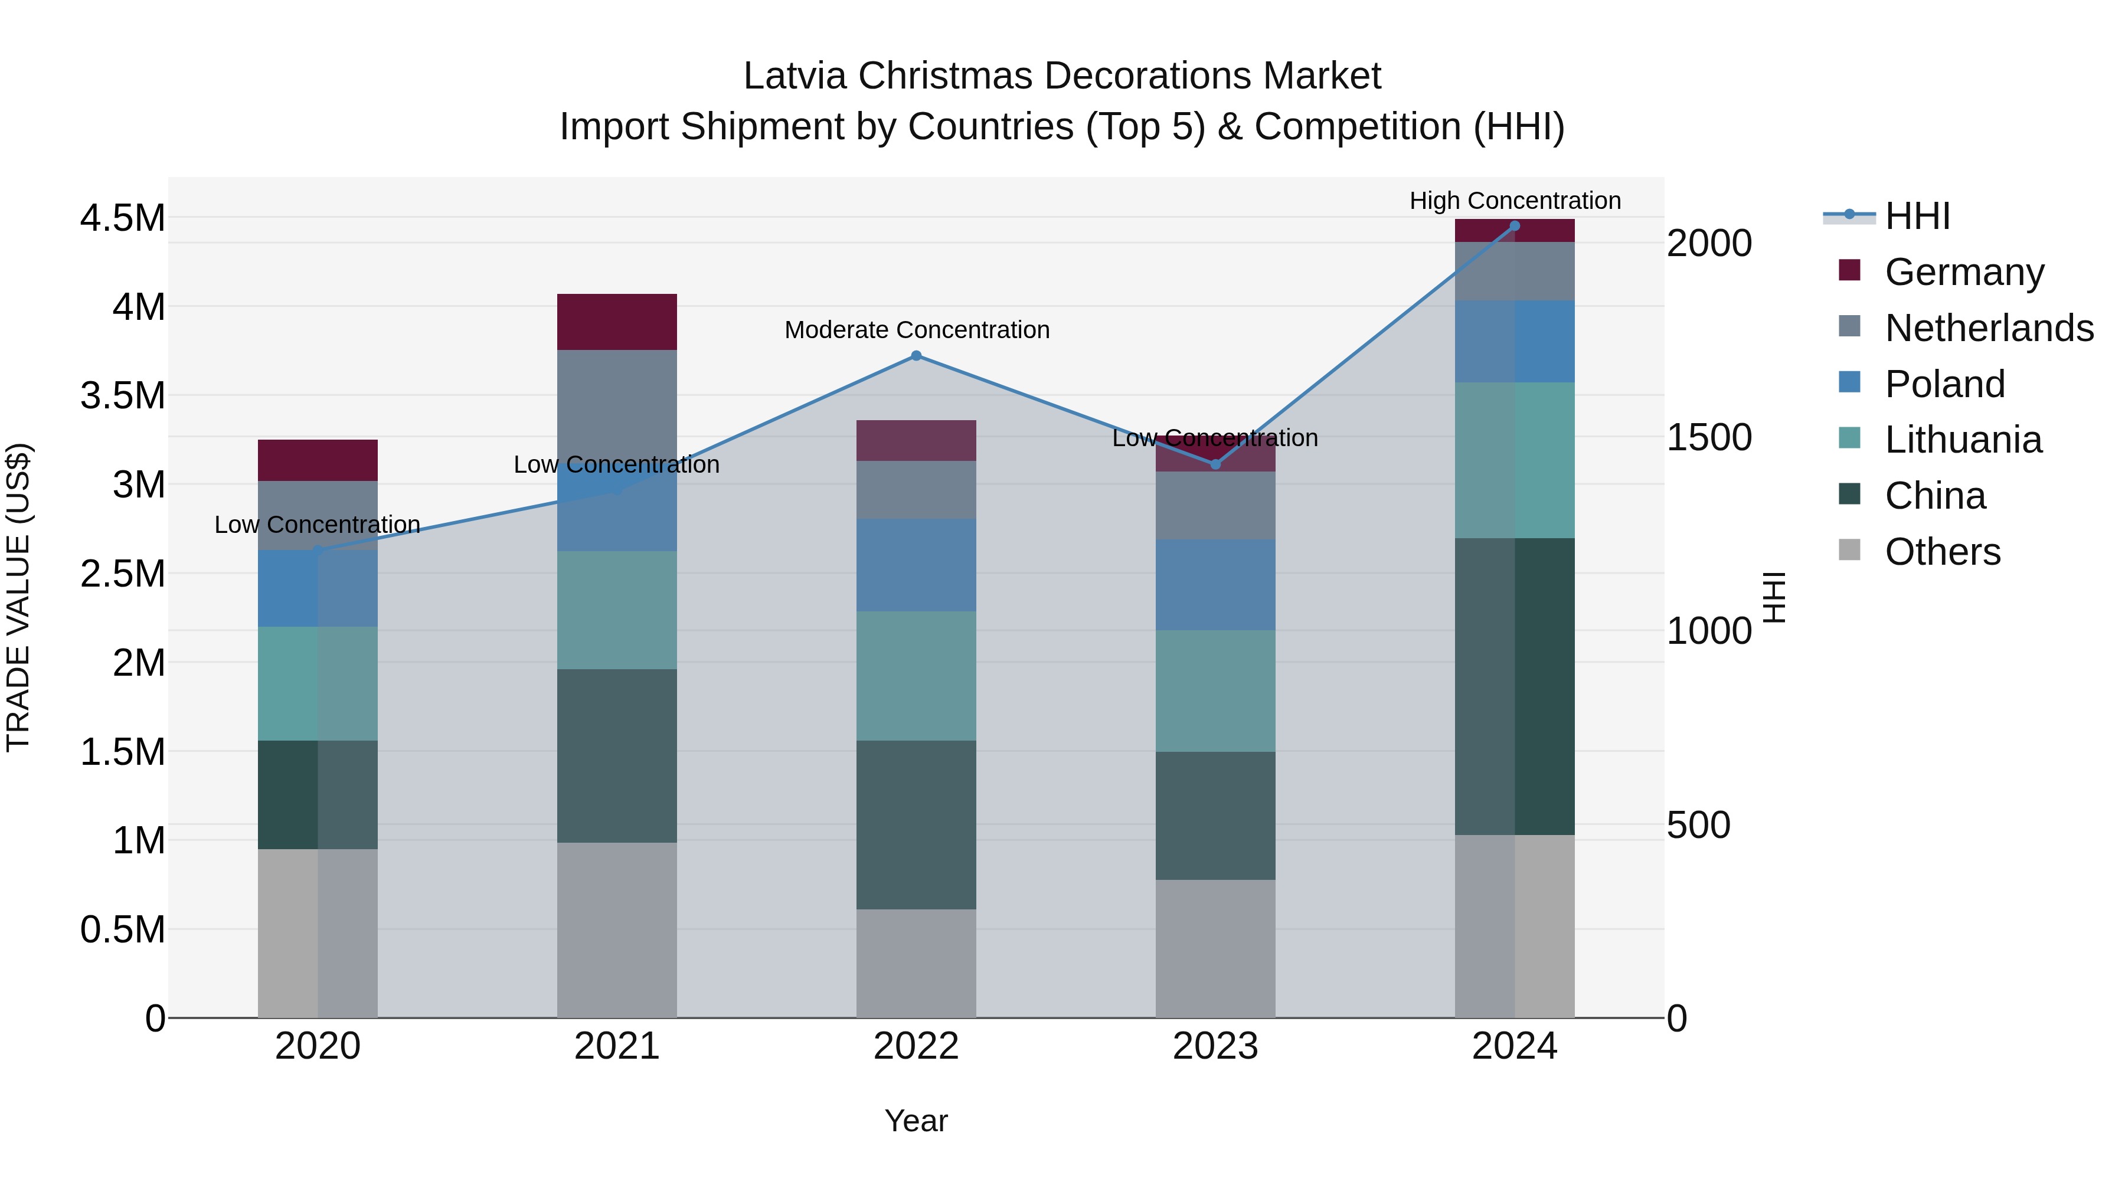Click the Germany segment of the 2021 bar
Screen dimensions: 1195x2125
(616, 322)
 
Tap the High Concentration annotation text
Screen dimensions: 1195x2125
(1515, 201)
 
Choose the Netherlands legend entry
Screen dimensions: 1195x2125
(1988, 328)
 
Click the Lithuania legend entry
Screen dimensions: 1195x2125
(1963, 440)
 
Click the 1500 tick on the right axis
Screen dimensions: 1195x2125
(1708, 437)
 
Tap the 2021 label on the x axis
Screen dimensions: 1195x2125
(616, 1046)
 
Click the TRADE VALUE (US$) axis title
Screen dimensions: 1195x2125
(18, 597)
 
